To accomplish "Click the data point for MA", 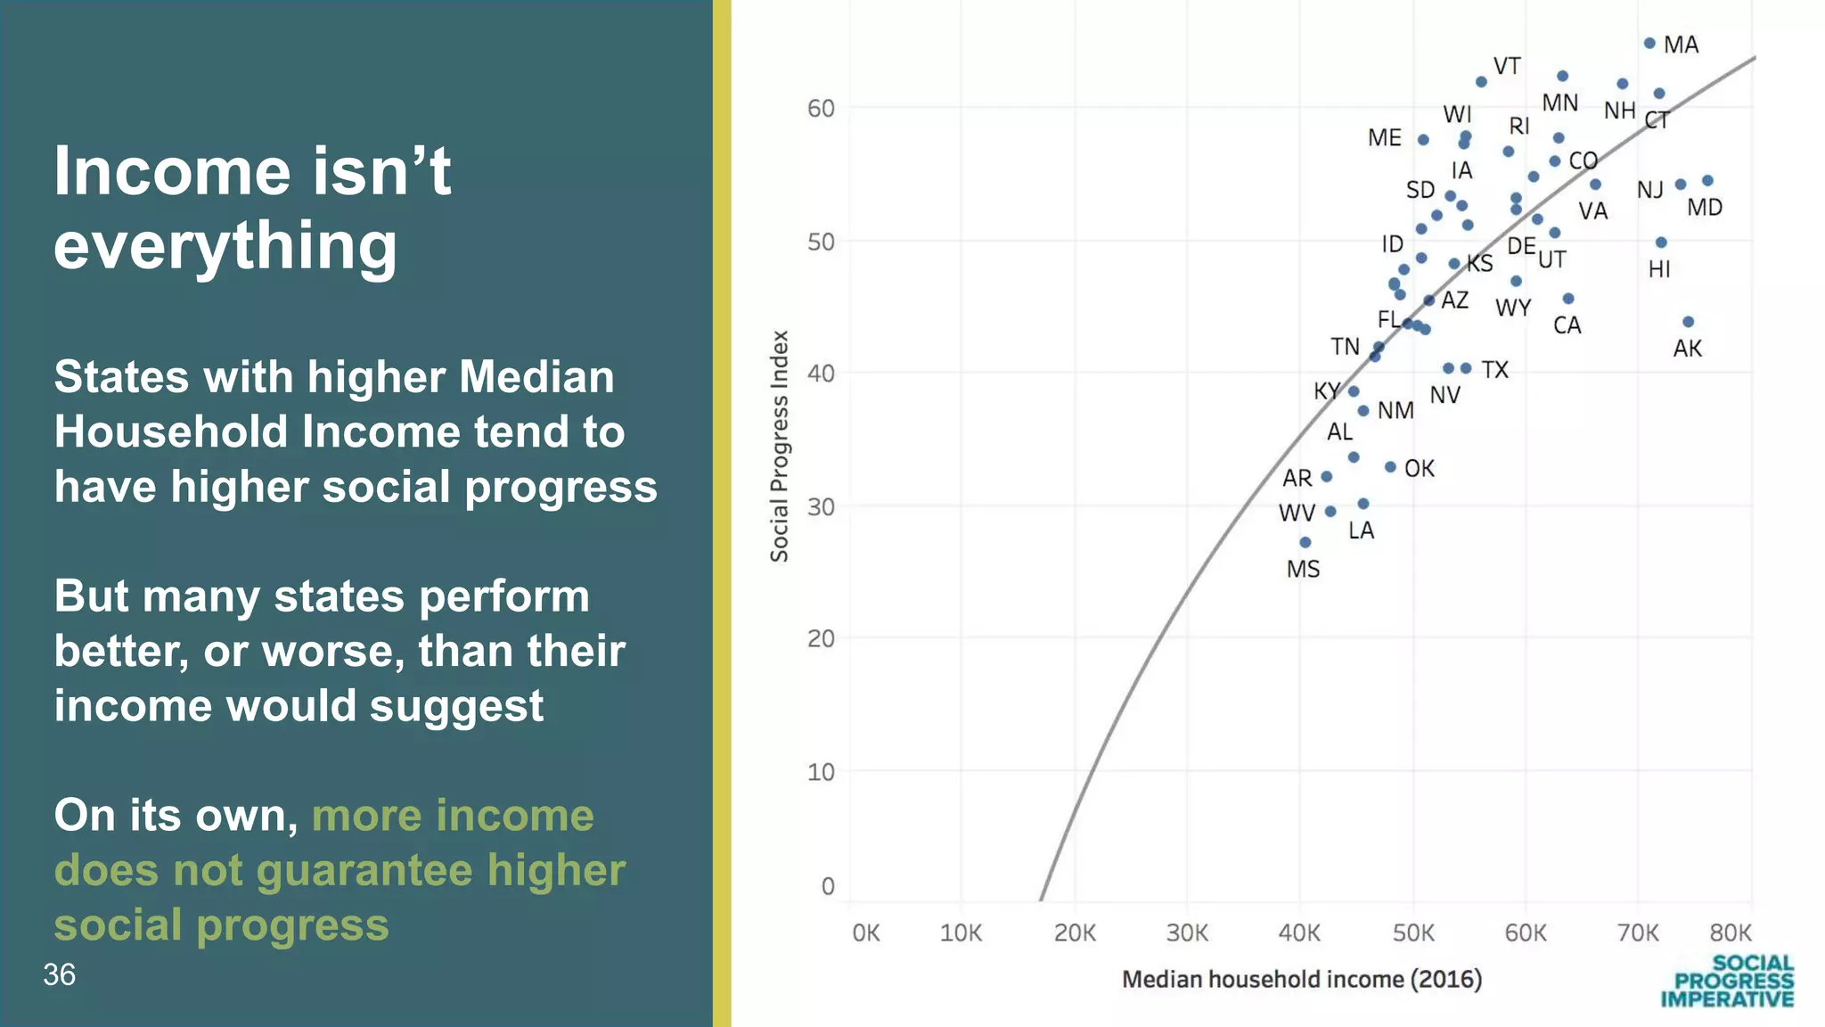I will point(1649,43).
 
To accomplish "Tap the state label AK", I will point(1687,349).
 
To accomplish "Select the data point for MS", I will point(1305,542).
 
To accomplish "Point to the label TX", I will point(1494,370).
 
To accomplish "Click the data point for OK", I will point(1390,467).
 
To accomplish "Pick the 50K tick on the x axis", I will point(1413,933).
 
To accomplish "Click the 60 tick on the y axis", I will point(821,109).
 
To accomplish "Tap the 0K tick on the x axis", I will point(865,933).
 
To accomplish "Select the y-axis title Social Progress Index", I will point(780,446).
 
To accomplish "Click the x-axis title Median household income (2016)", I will point(1301,980).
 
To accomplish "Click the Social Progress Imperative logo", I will point(1727,982).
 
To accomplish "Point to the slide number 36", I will point(59,974).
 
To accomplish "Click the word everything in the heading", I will point(225,245).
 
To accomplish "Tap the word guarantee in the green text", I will point(364,870).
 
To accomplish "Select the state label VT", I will point(1507,66).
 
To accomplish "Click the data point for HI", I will point(1661,242).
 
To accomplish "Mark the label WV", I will point(1297,513).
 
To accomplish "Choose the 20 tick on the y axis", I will point(821,639).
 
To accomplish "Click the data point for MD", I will point(1707,181).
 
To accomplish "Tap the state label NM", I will point(1395,411).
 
